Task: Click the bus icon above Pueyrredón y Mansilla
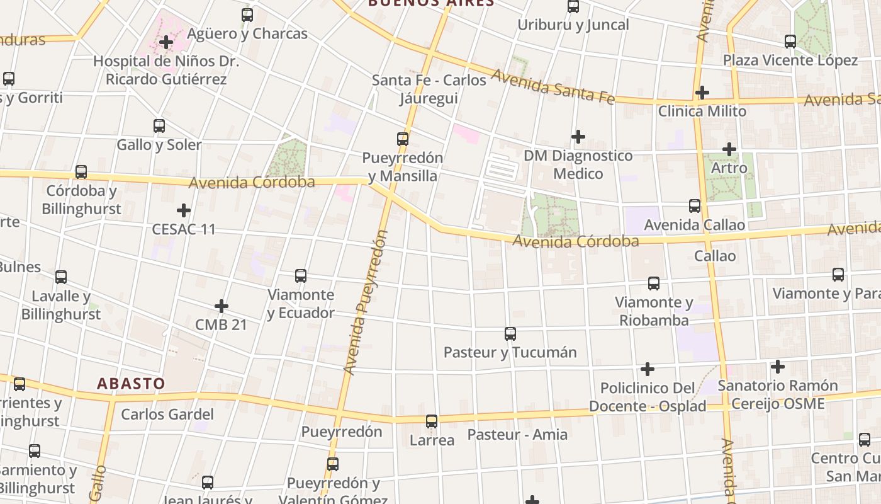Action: click(x=403, y=139)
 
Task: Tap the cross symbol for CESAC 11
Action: click(x=184, y=210)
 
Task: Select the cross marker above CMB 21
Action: click(x=222, y=306)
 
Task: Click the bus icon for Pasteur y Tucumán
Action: click(x=510, y=334)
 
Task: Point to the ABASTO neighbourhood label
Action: click(x=131, y=383)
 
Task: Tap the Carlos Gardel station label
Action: click(x=167, y=414)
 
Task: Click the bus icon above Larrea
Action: click(x=432, y=421)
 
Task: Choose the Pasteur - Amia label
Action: click(x=517, y=434)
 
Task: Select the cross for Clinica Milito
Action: click(x=702, y=93)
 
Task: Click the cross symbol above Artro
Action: click(x=729, y=149)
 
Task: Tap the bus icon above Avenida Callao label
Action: click(x=695, y=206)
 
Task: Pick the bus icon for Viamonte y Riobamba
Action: click(x=654, y=283)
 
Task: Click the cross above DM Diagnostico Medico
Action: click(x=578, y=136)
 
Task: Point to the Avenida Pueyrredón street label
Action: click(x=365, y=302)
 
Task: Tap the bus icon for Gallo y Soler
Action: click(x=159, y=126)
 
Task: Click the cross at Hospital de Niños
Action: click(x=166, y=42)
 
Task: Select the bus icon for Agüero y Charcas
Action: click(x=247, y=14)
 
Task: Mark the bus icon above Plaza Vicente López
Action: click(x=790, y=42)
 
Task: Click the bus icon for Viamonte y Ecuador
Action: click(x=301, y=276)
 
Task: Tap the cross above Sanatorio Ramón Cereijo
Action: click(x=778, y=366)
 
